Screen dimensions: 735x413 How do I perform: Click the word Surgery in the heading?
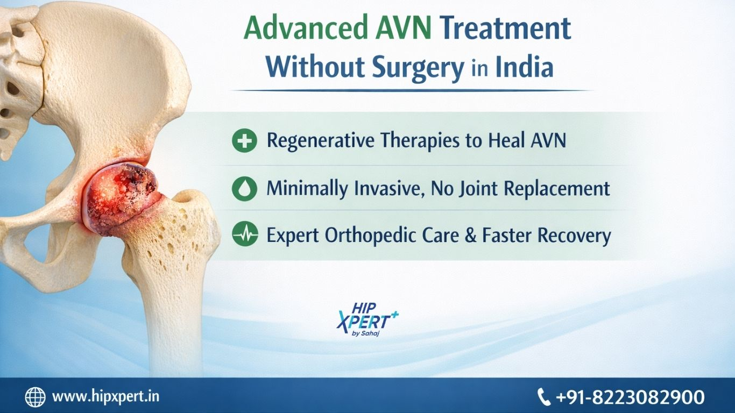coord(418,68)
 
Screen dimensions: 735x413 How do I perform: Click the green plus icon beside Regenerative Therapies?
coord(244,140)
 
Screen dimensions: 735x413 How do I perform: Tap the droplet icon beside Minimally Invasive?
coord(244,188)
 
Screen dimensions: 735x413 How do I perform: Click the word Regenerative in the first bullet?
coord(320,141)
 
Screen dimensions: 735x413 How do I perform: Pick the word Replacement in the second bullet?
coord(557,188)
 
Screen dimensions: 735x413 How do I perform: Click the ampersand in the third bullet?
coord(470,235)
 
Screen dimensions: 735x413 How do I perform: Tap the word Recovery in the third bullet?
coord(546,236)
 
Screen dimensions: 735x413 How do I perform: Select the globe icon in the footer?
coord(35,397)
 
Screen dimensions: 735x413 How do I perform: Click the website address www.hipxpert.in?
coord(105,396)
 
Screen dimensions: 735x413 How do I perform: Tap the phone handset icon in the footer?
coord(543,396)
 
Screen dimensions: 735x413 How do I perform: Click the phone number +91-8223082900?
coord(630,397)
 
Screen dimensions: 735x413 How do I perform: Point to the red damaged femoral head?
coord(120,199)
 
